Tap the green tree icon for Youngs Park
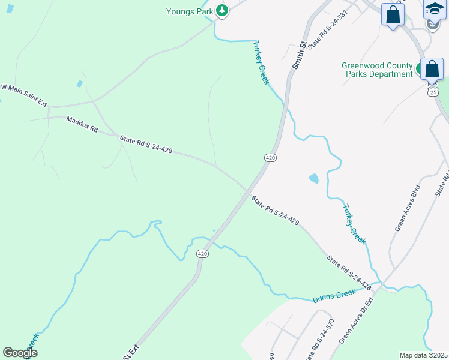tap(222, 10)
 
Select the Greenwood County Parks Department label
tap(377, 70)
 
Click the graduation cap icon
tap(434, 8)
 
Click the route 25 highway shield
tap(433, 92)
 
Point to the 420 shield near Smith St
tap(270, 157)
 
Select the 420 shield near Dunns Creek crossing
tap(203, 254)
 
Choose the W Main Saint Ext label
tap(23, 95)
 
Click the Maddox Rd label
tap(82, 128)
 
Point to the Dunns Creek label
tap(334, 295)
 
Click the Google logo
tap(20, 353)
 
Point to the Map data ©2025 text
tap(423, 355)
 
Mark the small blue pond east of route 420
tap(313, 178)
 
